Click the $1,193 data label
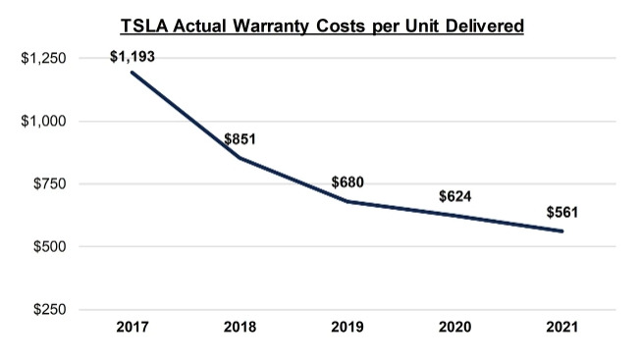pyautogui.click(x=133, y=57)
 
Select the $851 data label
pyautogui.click(x=240, y=139)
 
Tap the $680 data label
pyautogui.click(x=347, y=182)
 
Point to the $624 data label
pyautogui.click(x=455, y=196)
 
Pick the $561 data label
pyautogui.click(x=562, y=213)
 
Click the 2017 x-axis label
pyautogui.click(x=133, y=327)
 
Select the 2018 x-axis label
pyautogui.click(x=240, y=327)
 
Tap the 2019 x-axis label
pyautogui.click(x=347, y=327)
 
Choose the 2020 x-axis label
pyautogui.click(x=455, y=327)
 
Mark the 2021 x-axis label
pyautogui.click(x=562, y=327)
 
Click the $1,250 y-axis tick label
pyautogui.click(x=43, y=58)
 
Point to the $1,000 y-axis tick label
pyautogui.click(x=43, y=121)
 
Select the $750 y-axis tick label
pyautogui.click(x=49, y=183)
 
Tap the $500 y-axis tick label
pyautogui.click(x=49, y=246)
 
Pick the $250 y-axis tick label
pyautogui.click(x=49, y=309)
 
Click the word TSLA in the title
pyautogui.click(x=144, y=26)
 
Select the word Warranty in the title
pyautogui.click(x=271, y=26)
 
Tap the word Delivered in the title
pyautogui.click(x=485, y=26)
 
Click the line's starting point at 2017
pyautogui.click(x=133, y=73)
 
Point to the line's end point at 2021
pyautogui.click(x=562, y=231)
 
